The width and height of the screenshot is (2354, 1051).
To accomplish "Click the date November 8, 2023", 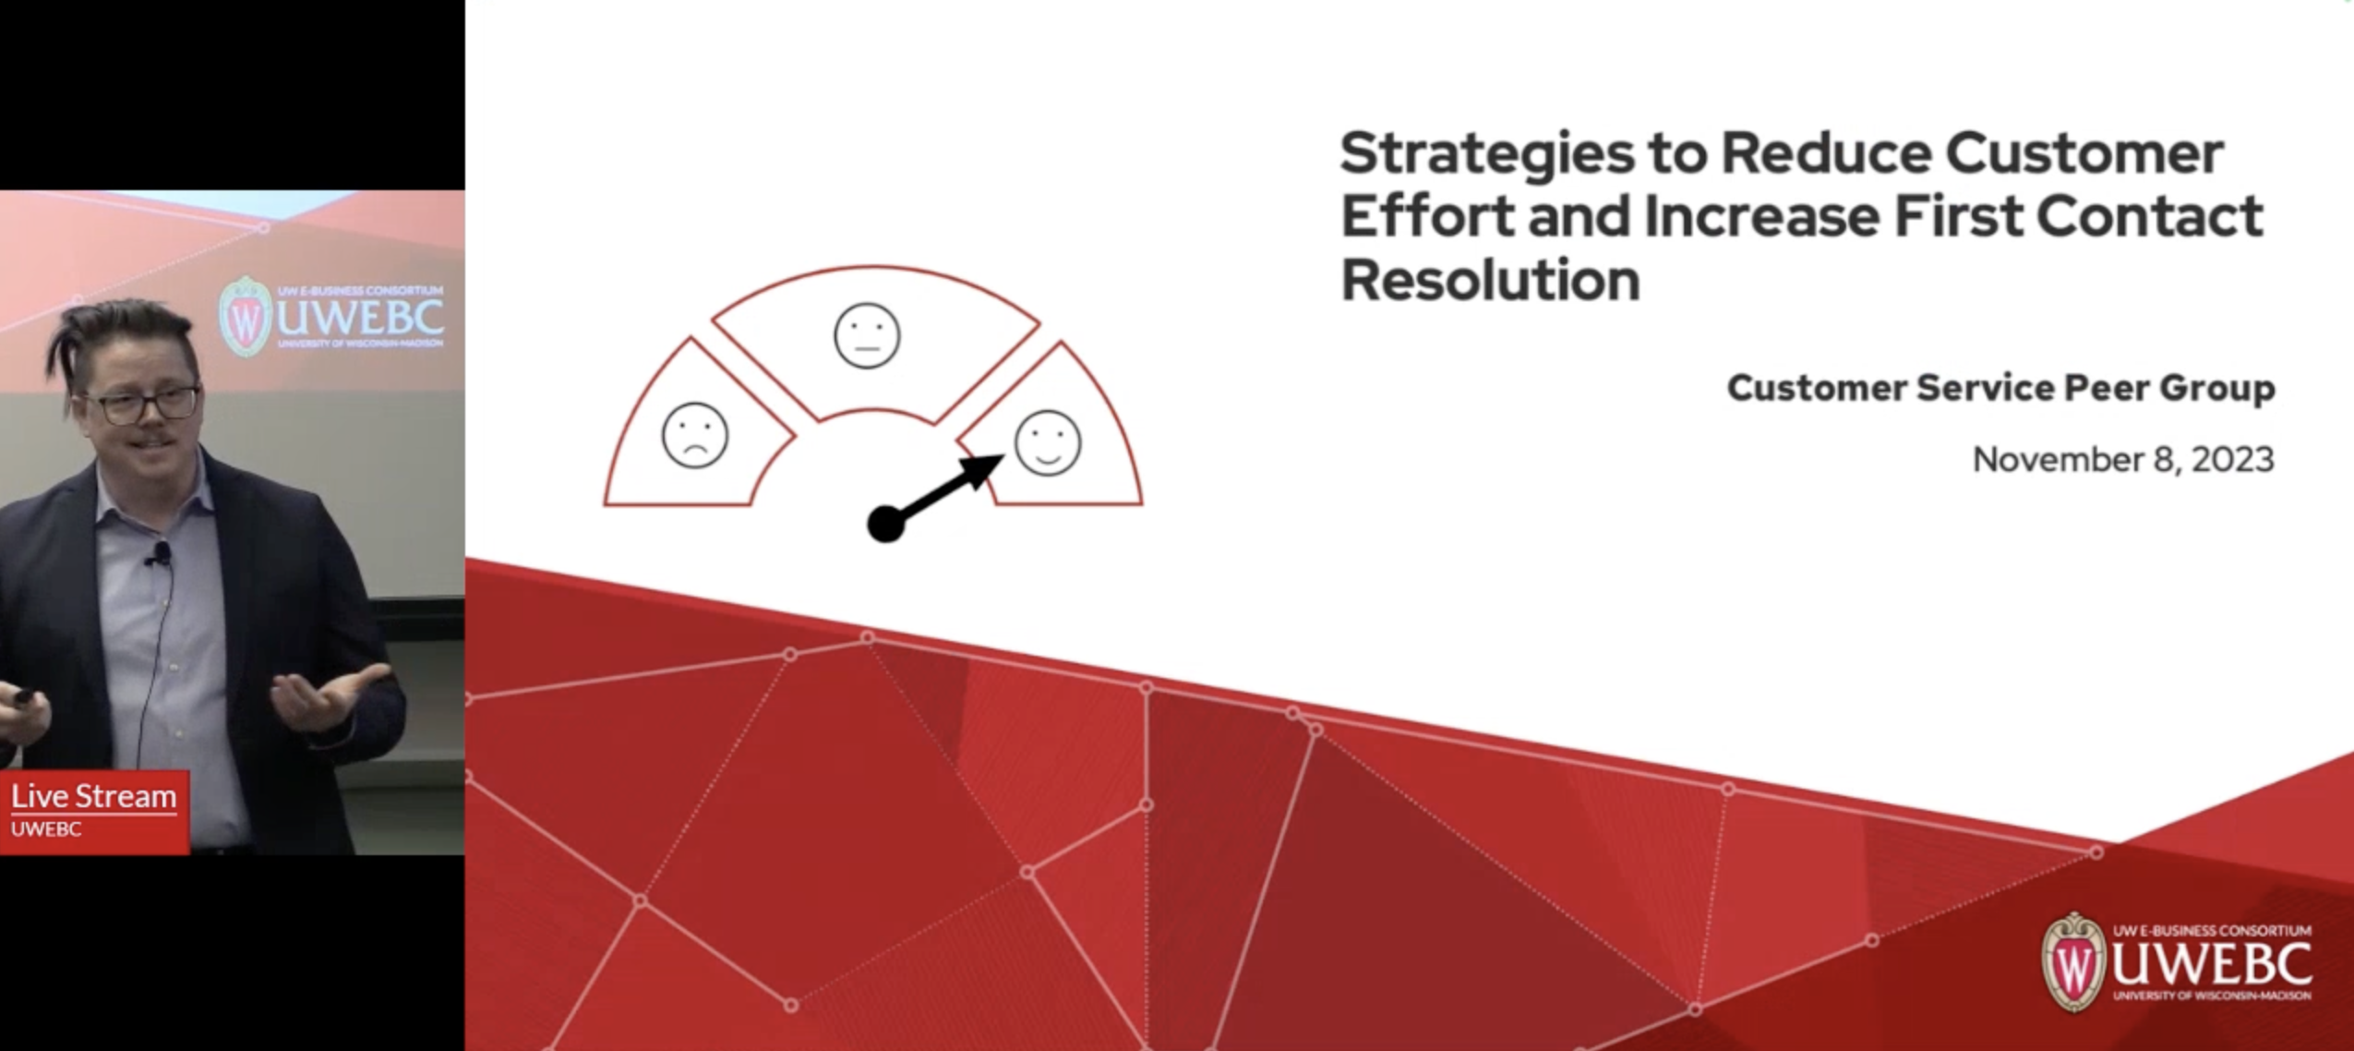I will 2122,460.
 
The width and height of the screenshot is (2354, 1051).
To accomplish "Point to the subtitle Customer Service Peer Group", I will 2000,388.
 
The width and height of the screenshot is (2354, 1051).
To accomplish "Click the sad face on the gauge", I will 695,436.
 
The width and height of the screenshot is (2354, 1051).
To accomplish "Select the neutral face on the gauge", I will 867,335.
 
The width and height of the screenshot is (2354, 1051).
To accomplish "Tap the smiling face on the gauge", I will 1048,442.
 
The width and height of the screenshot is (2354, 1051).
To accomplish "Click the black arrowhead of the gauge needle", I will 983,470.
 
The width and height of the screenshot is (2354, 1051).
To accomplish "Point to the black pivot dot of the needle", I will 885,525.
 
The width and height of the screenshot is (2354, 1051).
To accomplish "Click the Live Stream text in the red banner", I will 93,796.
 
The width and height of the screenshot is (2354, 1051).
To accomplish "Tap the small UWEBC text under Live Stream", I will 46,828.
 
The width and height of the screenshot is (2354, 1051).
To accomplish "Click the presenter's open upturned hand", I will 332,695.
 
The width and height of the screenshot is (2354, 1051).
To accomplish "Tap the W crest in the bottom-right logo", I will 2073,963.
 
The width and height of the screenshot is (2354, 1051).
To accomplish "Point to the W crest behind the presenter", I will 245,317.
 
